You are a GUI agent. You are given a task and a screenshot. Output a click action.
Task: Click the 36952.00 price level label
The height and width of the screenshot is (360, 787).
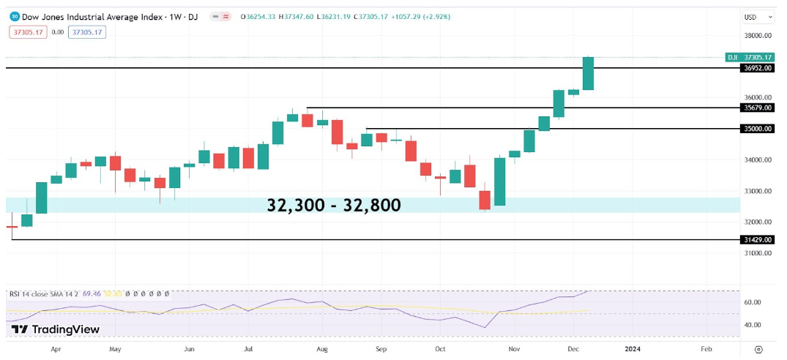pos(757,68)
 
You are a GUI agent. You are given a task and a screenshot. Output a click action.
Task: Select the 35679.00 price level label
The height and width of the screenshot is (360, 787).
pos(757,108)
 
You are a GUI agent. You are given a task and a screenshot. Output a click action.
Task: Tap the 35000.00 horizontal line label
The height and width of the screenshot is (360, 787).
pos(757,128)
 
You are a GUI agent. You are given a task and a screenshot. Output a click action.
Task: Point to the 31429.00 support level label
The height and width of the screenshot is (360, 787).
pos(757,239)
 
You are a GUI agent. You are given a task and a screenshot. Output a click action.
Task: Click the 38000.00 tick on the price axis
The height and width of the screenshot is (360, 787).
pos(758,35)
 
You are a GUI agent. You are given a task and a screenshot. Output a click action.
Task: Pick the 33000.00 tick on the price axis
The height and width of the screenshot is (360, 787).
pos(758,191)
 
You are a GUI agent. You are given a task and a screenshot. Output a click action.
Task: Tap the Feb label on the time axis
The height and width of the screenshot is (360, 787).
pos(706,350)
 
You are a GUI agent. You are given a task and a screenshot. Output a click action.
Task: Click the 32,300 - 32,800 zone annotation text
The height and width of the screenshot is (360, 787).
pos(334,206)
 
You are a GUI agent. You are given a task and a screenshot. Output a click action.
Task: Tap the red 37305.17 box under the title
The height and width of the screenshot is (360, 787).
pos(29,31)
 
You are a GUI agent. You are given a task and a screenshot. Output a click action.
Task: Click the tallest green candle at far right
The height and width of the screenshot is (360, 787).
pos(587,73)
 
